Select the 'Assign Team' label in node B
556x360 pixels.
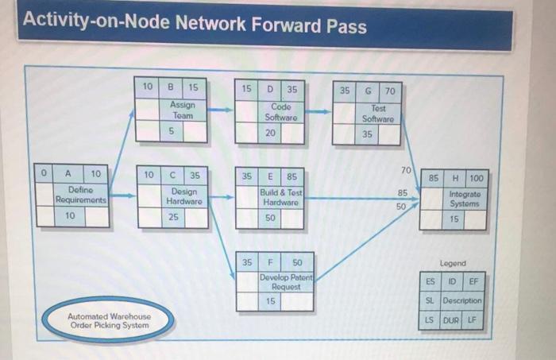coord(183,110)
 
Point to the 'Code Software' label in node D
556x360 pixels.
coord(281,112)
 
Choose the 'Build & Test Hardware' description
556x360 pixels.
coord(281,196)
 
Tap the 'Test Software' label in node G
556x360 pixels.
coord(378,113)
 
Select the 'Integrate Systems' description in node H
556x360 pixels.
coord(465,199)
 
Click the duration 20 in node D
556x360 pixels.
coord(270,133)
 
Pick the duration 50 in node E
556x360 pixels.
coord(270,217)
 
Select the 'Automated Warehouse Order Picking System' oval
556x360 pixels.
coord(108,320)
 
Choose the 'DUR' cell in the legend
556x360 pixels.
coord(451,320)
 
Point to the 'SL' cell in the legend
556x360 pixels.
coord(430,300)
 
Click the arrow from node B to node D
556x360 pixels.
coord(221,110)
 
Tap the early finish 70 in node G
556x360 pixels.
coord(389,91)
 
